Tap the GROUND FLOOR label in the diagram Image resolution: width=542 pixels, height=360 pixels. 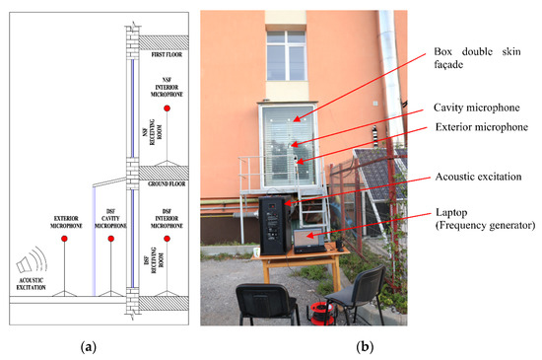point(167,183)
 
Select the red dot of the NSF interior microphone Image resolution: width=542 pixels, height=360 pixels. point(167,108)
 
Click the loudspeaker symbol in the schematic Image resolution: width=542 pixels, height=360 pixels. point(31,267)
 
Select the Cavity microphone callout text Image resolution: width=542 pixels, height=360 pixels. point(474,110)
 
